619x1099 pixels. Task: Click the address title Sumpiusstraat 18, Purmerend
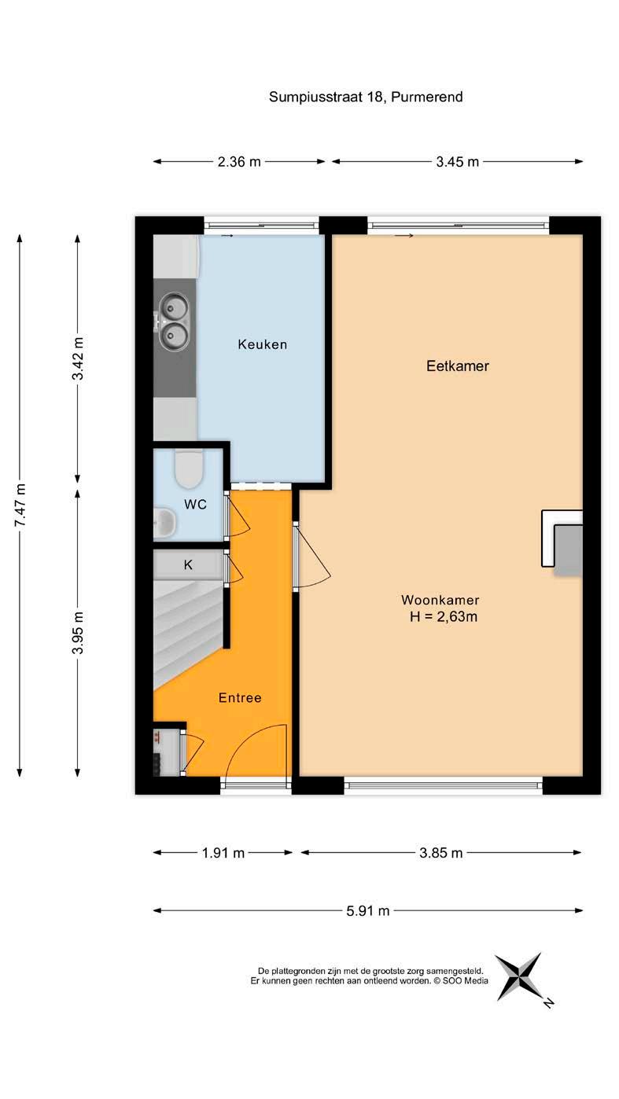[x=366, y=97]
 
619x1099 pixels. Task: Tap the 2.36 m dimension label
[x=239, y=161]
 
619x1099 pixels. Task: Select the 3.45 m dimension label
[x=458, y=161]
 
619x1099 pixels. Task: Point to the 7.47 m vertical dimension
[x=20, y=505]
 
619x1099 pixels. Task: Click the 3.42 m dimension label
[x=78, y=358]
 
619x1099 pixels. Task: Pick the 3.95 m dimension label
[x=78, y=632]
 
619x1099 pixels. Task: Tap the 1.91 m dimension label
[x=223, y=853]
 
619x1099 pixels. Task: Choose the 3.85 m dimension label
[x=440, y=853]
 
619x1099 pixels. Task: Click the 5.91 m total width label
[x=367, y=910]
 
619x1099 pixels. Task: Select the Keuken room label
[x=263, y=344]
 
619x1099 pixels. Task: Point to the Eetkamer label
[x=458, y=366]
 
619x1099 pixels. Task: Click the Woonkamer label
[x=440, y=600]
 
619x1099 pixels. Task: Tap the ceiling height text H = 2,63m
[x=444, y=617]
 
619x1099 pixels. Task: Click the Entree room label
[x=240, y=697]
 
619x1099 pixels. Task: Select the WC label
[x=195, y=505]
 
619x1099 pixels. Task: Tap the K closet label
[x=188, y=565]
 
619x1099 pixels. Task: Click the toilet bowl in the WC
[x=189, y=469]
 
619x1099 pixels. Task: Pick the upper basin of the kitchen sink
[x=174, y=308]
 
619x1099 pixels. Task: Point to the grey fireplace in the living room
[x=568, y=550]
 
